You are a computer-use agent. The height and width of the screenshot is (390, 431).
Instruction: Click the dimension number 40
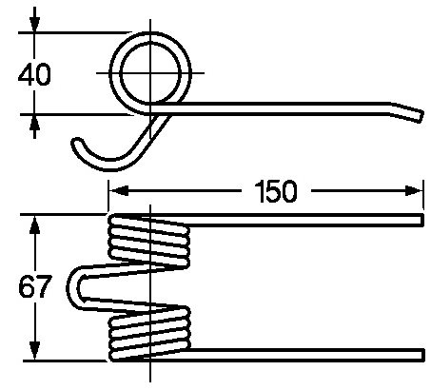[x=34, y=74]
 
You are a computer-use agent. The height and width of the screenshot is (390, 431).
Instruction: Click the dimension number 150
[x=276, y=191]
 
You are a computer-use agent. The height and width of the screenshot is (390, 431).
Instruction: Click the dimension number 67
[x=34, y=286]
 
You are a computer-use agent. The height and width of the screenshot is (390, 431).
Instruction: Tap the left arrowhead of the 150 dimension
[x=119, y=191]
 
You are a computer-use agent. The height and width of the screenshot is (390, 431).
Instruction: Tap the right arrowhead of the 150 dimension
[x=414, y=191]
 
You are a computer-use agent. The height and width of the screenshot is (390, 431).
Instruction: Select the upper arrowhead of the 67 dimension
[x=34, y=224]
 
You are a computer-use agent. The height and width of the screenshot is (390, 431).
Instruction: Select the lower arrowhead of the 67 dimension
[x=34, y=351]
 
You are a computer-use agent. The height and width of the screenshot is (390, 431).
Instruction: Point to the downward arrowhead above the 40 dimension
[x=34, y=23]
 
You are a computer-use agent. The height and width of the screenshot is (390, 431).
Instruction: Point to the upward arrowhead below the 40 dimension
[x=34, y=123]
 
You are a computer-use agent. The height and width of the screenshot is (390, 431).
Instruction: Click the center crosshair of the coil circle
[x=150, y=73]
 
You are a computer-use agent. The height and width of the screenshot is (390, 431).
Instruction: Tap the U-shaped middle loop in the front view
[x=73, y=288]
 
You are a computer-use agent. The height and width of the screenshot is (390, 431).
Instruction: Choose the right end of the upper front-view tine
[x=422, y=220]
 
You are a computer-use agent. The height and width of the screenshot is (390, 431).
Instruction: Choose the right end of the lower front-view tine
[x=422, y=355]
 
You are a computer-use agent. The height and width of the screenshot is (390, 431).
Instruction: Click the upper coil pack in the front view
[x=149, y=241]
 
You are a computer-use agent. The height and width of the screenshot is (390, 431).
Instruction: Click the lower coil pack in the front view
[x=149, y=334]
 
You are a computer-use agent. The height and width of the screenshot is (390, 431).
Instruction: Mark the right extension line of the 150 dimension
[x=422, y=194]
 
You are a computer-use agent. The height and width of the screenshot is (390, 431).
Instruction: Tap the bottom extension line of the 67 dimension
[x=65, y=361]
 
